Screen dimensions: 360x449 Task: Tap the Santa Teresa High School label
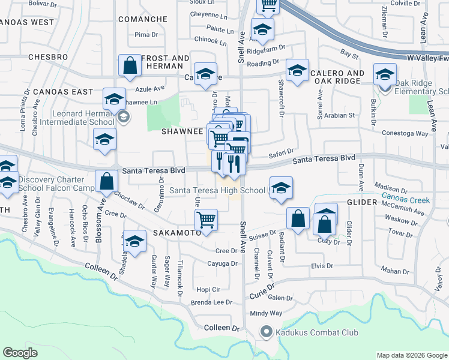pos(217,190)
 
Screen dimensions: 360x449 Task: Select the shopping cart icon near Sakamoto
pos(206,220)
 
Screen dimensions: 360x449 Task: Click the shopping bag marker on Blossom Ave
pos(106,181)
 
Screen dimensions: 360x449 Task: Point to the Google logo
pos(20,353)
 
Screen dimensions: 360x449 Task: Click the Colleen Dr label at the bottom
pos(221,328)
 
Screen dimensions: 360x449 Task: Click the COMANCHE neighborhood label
pos(142,19)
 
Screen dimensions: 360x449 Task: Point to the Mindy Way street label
pos(266,313)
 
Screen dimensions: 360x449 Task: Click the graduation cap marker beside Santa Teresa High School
pos(280,188)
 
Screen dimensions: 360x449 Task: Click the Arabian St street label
pos(340,115)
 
